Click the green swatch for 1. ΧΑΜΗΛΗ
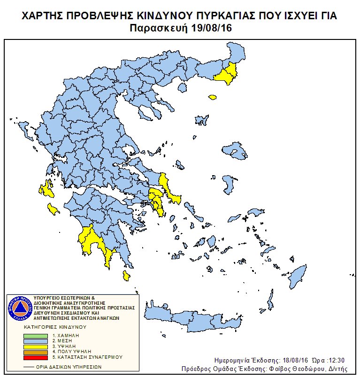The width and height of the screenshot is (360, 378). (36, 336)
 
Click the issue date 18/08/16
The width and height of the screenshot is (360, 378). (283, 360)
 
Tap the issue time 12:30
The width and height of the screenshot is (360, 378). (335, 360)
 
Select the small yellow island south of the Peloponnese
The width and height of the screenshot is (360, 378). (126, 275)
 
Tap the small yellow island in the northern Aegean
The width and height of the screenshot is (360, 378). (213, 98)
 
